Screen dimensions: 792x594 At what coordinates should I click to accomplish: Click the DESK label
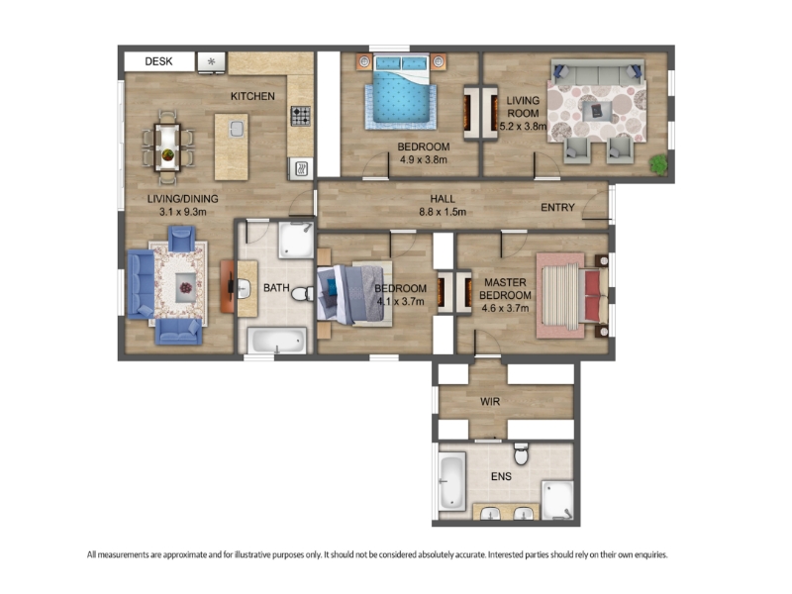pyautogui.click(x=158, y=61)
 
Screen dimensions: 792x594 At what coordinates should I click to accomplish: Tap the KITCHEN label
pyautogui.click(x=252, y=96)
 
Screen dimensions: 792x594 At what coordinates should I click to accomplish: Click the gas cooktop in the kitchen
pyautogui.click(x=301, y=116)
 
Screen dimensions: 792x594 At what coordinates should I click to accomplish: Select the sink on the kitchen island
pyautogui.click(x=237, y=130)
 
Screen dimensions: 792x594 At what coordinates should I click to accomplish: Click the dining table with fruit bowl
pyautogui.click(x=167, y=148)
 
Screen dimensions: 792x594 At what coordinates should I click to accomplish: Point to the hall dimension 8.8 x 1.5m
pyautogui.click(x=443, y=212)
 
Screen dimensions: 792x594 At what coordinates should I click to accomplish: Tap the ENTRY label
pyautogui.click(x=557, y=207)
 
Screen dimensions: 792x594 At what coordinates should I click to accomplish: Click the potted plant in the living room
pyautogui.click(x=658, y=164)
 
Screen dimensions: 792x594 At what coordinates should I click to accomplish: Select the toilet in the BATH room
pyautogui.click(x=302, y=293)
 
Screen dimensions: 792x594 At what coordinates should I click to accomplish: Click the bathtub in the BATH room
pyautogui.click(x=277, y=340)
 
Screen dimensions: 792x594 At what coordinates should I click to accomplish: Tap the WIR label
pyautogui.click(x=490, y=402)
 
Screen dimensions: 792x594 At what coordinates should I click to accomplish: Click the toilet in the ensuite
pyautogui.click(x=522, y=454)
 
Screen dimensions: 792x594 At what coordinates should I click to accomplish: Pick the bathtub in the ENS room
pyautogui.click(x=452, y=482)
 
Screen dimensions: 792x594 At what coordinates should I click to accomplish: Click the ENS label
pyautogui.click(x=501, y=476)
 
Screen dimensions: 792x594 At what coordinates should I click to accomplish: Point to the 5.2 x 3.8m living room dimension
pyautogui.click(x=523, y=127)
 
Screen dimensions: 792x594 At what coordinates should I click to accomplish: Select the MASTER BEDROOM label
pyautogui.click(x=505, y=289)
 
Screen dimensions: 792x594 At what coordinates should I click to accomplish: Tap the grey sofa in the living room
pyautogui.click(x=598, y=72)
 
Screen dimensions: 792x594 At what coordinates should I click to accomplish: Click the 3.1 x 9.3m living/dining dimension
pyautogui.click(x=183, y=212)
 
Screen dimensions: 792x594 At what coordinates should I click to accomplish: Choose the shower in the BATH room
pyautogui.click(x=296, y=241)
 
